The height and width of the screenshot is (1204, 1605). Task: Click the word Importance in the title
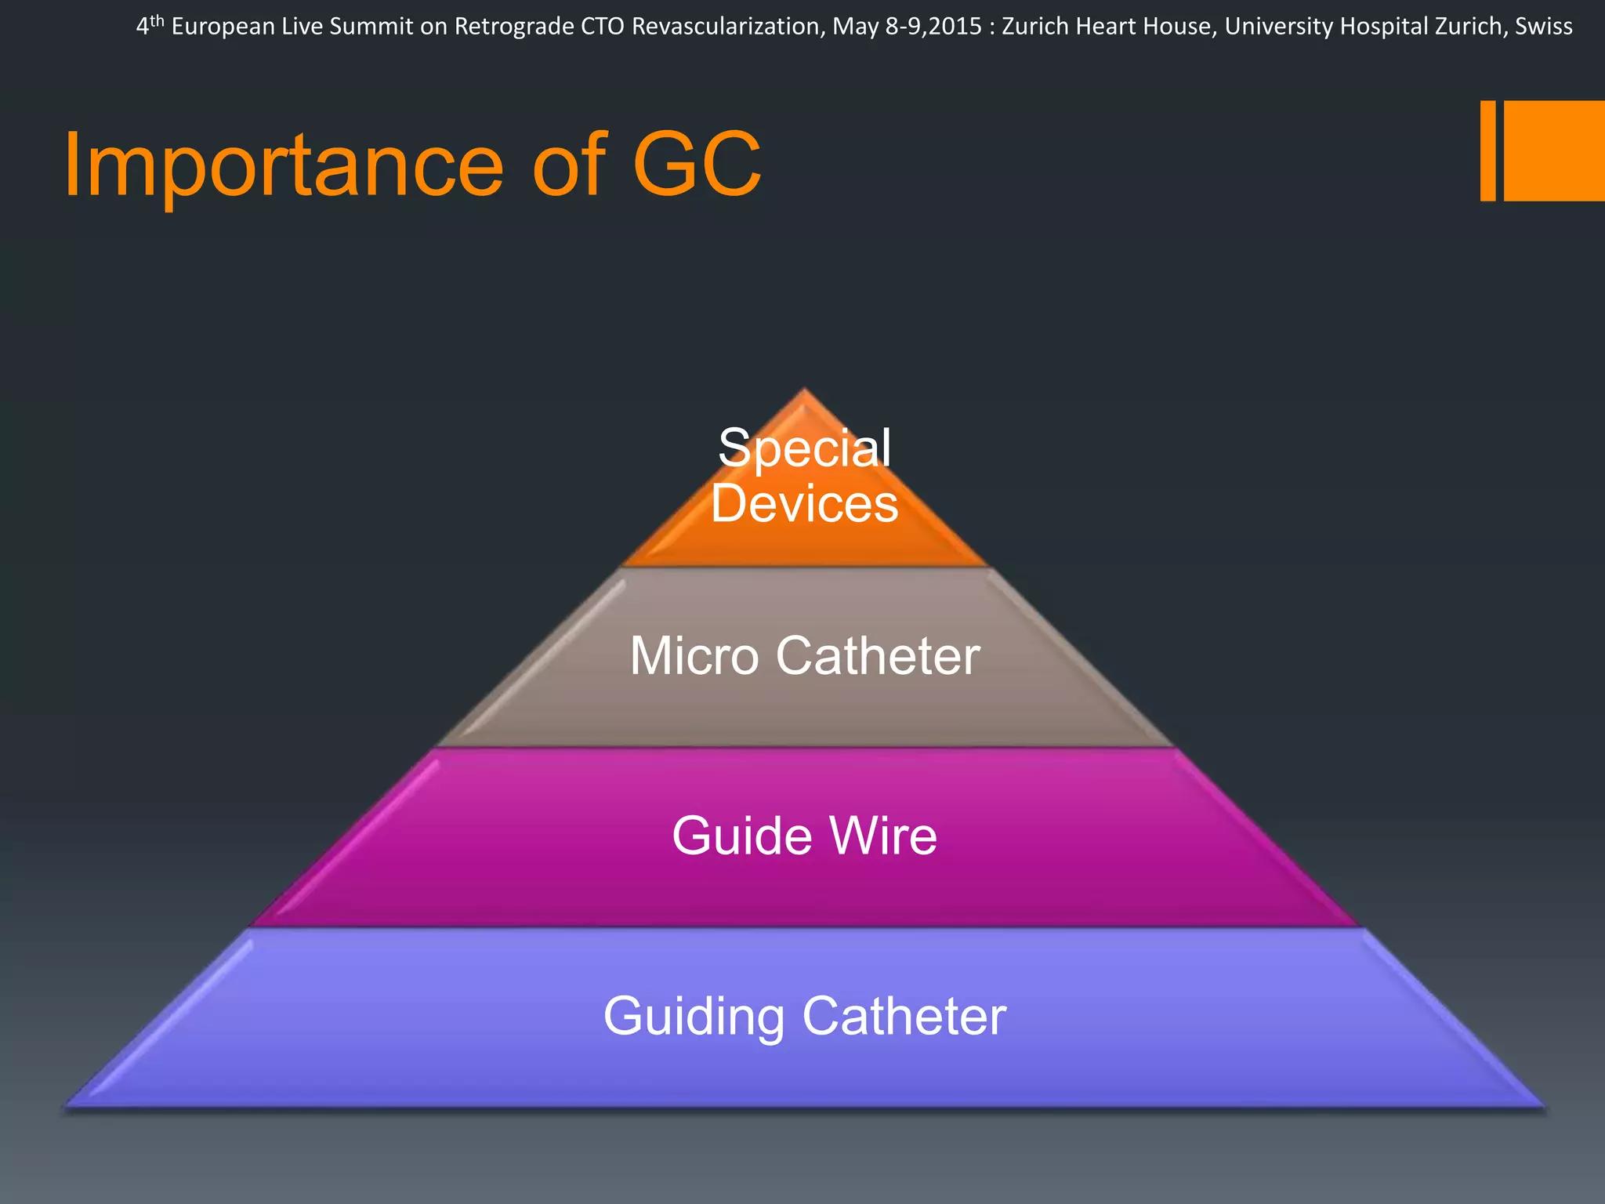(283, 166)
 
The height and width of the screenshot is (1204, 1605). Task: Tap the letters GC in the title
(697, 165)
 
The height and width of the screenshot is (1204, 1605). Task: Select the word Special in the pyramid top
(805, 448)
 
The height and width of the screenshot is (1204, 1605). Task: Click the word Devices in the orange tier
(805, 503)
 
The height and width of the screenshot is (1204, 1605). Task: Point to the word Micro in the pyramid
(694, 655)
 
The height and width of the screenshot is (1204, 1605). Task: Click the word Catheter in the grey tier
(878, 655)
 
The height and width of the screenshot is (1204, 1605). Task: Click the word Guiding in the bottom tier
(694, 1017)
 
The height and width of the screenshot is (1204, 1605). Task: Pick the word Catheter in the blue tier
(904, 1016)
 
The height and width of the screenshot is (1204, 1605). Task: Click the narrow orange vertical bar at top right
(1487, 150)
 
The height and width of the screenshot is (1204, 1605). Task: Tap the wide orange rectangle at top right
(1554, 150)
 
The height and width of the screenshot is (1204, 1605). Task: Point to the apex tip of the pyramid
(804, 390)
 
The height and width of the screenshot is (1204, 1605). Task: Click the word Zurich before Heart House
(1035, 27)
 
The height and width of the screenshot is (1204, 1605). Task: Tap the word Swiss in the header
(1544, 27)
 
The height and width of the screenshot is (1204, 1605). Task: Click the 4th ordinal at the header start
(150, 25)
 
